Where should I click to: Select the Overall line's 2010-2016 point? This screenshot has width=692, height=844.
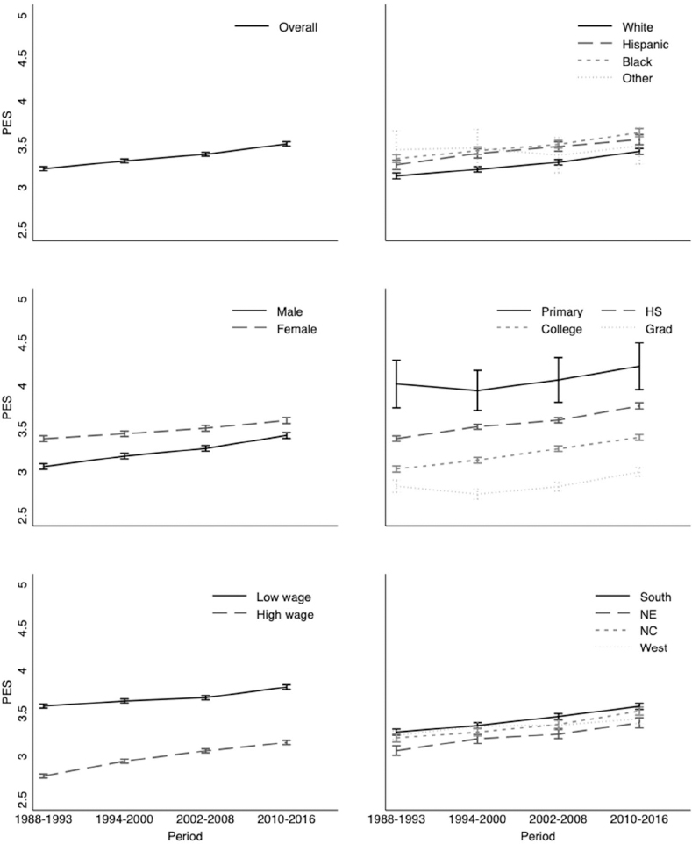click(286, 143)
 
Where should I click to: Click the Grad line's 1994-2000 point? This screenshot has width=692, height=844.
click(476, 494)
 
